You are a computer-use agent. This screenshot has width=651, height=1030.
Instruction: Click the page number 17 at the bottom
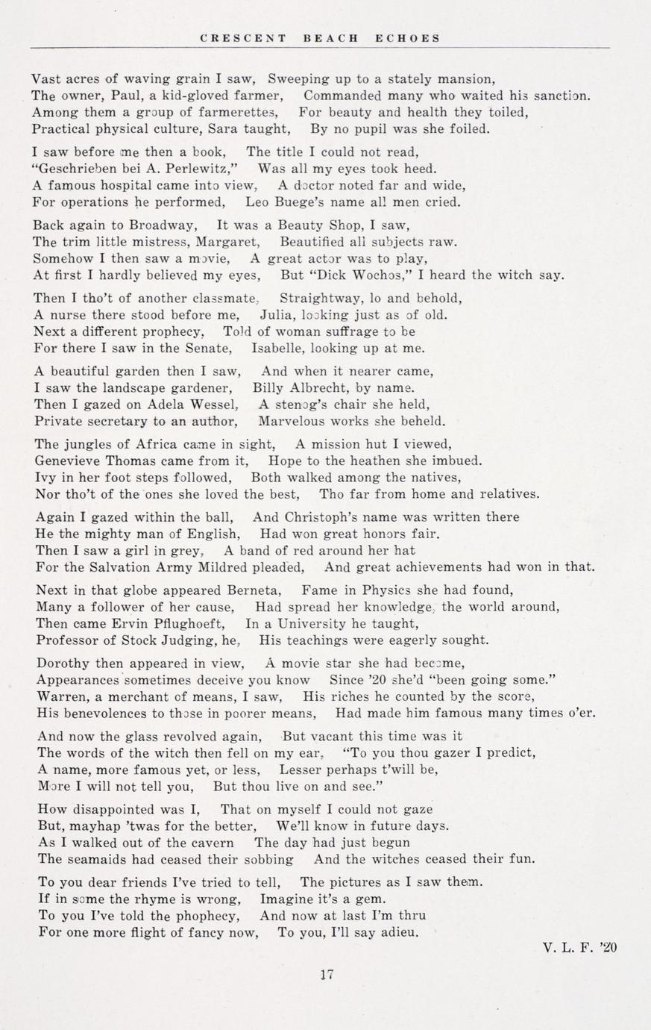tap(325, 974)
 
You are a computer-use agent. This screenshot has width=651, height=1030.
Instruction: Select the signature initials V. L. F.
tap(568, 948)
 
